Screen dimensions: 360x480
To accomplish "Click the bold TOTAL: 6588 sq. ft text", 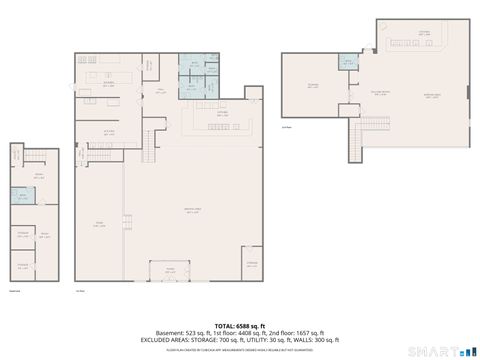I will [x=239, y=325].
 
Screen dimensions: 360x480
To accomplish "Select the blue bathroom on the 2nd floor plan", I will [x=349, y=63].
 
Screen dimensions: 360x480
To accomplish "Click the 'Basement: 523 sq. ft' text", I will [x=166, y=332].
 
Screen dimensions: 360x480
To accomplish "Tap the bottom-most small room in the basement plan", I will [x=22, y=264].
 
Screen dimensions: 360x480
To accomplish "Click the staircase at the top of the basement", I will [x=17, y=155].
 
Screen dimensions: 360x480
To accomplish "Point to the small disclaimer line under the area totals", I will [x=239, y=347].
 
